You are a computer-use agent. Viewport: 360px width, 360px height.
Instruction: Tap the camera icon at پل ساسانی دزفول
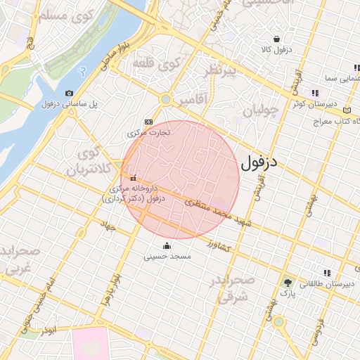click(69, 93)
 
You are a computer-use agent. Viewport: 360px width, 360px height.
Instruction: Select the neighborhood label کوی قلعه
click(157, 65)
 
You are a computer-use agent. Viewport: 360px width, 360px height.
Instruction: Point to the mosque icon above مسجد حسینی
click(167, 245)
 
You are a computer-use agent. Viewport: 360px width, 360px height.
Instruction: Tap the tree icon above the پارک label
click(287, 280)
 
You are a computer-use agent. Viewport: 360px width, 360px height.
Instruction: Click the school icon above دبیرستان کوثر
click(315, 93)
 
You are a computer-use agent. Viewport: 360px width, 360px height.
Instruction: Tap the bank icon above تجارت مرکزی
click(148, 121)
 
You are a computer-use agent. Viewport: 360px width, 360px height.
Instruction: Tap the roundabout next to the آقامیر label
click(165, 99)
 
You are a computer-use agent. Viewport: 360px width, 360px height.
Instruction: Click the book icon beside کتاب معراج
click(346, 110)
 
